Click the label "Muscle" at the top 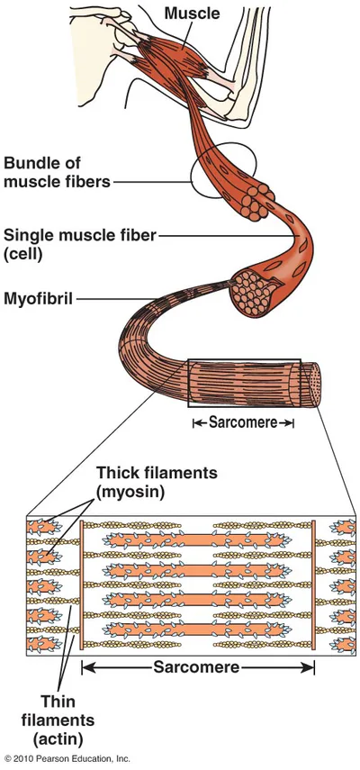tap(192, 13)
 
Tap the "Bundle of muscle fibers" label tap(58, 172)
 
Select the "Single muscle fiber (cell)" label tap(79, 243)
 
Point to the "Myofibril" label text tap(39, 298)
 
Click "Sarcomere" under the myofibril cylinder tap(243, 422)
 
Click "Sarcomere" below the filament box tap(196, 666)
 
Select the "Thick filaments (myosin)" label tap(157, 482)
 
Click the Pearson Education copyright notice tap(67, 759)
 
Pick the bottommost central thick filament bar tap(196, 630)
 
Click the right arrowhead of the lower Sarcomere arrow tap(308, 666)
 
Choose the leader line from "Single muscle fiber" tap(229, 236)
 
